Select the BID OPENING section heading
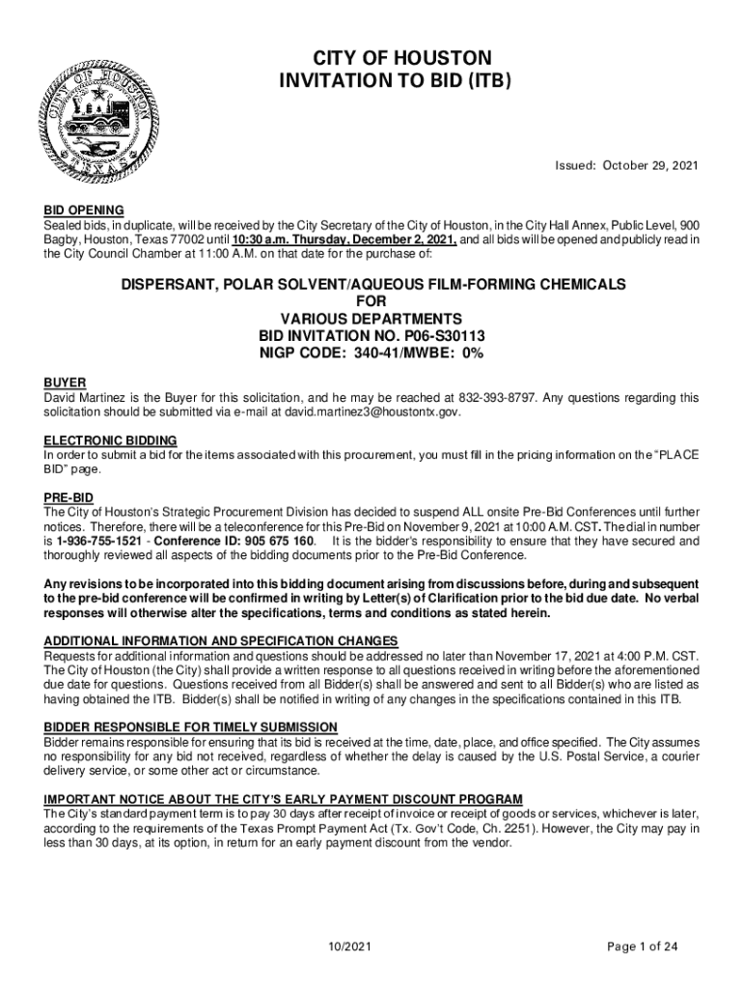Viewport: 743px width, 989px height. click(x=84, y=210)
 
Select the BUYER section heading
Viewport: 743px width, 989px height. click(x=66, y=381)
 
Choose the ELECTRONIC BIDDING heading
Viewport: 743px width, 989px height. click(x=110, y=439)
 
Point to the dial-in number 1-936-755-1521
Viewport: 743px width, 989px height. click(x=102, y=541)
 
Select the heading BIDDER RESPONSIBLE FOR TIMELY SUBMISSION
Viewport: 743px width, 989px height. click(x=191, y=726)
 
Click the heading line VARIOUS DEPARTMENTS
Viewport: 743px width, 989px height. click(x=371, y=319)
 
